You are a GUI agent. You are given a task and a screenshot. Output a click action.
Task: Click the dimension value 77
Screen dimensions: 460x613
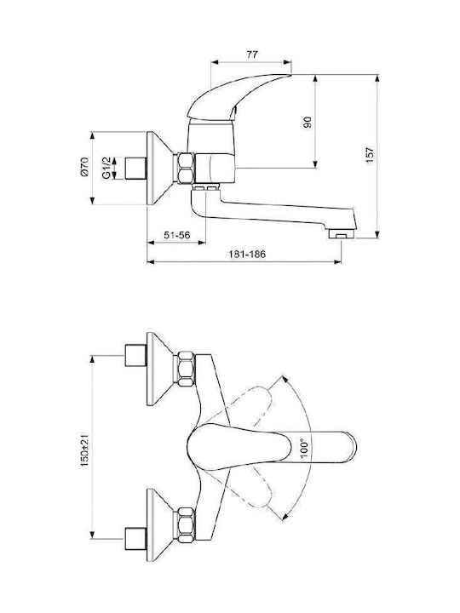[x=252, y=54]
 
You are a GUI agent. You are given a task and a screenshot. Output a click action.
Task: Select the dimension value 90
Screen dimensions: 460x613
[x=308, y=123]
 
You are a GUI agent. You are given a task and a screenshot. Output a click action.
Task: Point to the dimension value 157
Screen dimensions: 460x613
[x=369, y=156]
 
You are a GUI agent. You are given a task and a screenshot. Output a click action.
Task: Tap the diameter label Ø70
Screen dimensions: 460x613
[x=84, y=167]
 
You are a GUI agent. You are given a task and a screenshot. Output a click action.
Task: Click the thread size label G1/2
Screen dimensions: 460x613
[x=106, y=168]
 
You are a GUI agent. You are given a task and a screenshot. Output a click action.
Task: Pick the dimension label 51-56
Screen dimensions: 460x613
[x=177, y=235]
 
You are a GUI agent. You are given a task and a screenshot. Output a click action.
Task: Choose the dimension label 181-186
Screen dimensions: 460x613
[x=247, y=254]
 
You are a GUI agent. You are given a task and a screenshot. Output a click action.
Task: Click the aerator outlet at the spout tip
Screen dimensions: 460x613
[x=341, y=234]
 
